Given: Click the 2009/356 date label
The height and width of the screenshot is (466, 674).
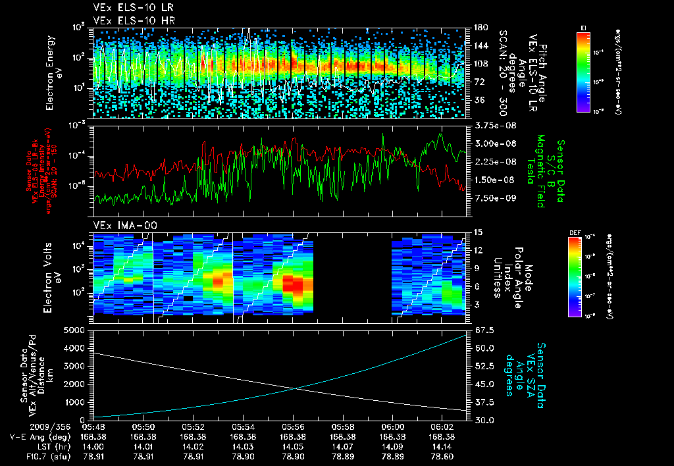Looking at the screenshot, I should coord(28,427).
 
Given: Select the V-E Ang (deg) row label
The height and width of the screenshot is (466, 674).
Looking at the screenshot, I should coord(38,436).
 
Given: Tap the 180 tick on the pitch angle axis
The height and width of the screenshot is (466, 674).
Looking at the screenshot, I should coord(480,28).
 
